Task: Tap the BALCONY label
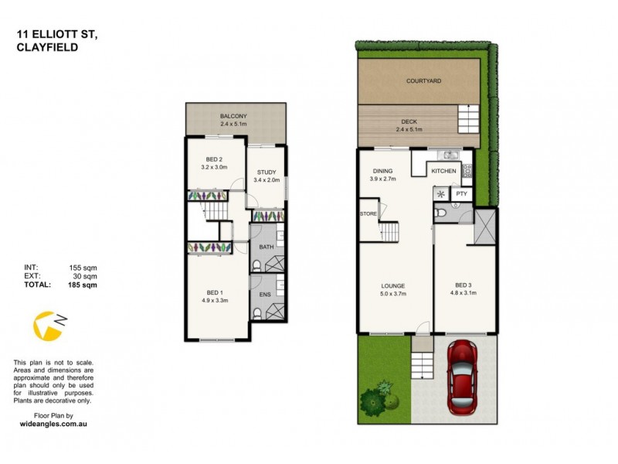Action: click(233, 116)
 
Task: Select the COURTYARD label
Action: click(424, 80)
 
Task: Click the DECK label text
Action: click(408, 121)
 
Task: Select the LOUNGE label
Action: click(392, 285)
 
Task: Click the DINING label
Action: click(383, 171)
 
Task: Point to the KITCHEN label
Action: click(443, 170)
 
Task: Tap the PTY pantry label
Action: click(462, 194)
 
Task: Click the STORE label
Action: click(367, 213)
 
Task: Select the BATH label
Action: click(267, 247)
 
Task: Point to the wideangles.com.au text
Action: click(52, 425)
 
